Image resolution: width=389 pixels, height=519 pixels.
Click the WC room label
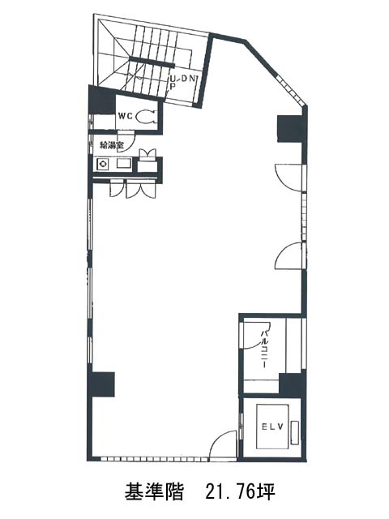pos(125,116)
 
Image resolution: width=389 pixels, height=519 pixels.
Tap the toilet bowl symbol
pos(146,116)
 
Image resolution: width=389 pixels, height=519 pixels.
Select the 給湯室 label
pos(112,144)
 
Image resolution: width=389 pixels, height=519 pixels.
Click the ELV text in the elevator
pos(272,427)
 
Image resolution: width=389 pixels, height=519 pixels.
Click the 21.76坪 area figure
pos(240,491)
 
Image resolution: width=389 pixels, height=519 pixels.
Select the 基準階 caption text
pos(154,491)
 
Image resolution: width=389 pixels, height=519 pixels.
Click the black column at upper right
pos(290,128)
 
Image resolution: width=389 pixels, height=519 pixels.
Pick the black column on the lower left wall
pos(103,384)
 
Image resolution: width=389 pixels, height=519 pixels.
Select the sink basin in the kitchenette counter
pos(122,164)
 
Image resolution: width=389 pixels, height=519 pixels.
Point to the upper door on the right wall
pos(289,177)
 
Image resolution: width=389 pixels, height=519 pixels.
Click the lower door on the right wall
pos(289,256)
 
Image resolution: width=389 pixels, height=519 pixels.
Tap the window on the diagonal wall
pos(290,88)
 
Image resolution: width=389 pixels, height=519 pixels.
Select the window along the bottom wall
pos(154,459)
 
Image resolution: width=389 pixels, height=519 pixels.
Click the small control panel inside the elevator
pos(295,433)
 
